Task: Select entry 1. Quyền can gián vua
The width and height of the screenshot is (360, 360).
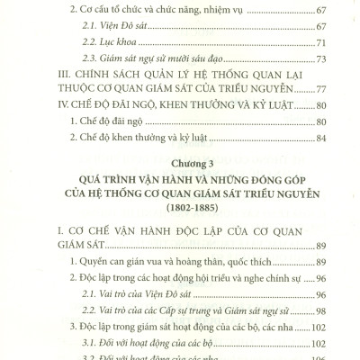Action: pos(135,277)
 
